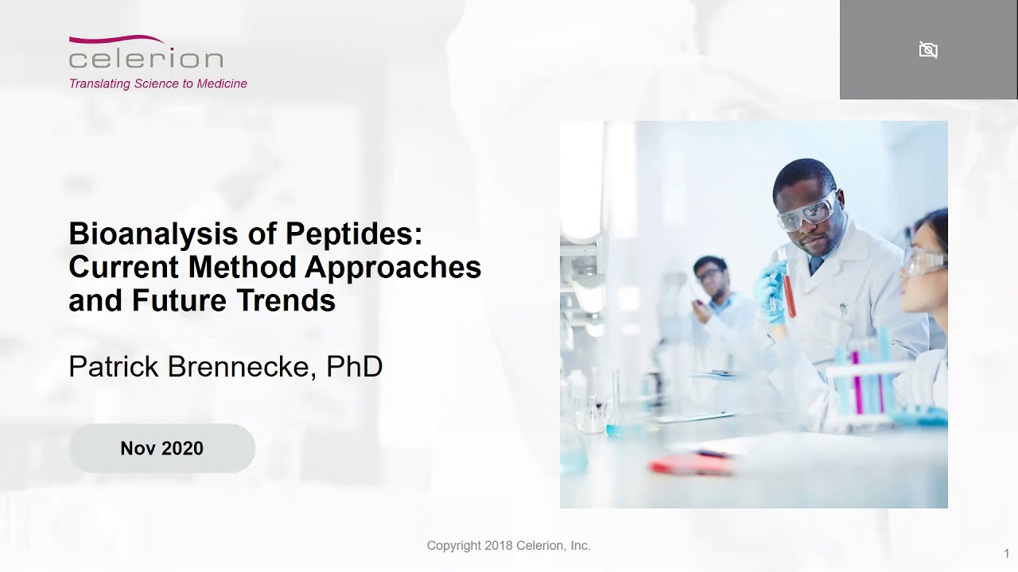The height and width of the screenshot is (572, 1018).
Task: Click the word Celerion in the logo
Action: (146, 59)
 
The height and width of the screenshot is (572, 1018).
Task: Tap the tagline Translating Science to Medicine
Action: (157, 83)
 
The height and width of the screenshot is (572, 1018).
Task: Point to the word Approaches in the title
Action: (393, 267)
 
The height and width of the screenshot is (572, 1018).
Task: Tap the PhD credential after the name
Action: (355, 366)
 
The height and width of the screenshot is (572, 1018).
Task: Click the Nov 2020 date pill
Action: (161, 448)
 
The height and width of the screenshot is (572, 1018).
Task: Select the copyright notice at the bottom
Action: (508, 546)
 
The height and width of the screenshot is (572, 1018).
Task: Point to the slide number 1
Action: (1007, 554)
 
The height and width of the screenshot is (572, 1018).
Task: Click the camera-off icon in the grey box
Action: (928, 50)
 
